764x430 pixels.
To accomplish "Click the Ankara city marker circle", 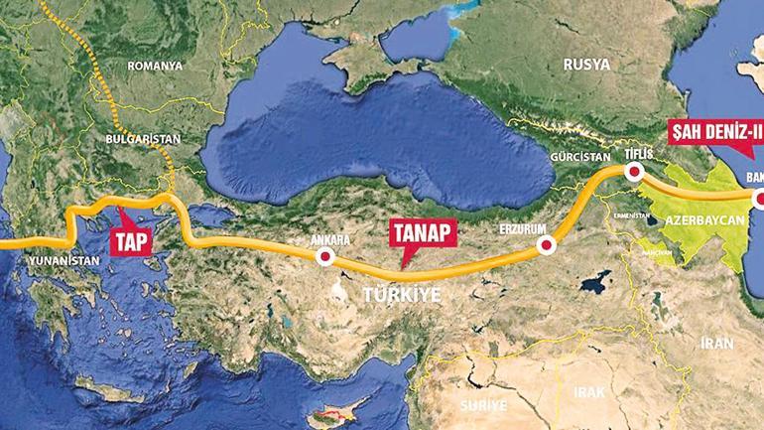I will [323, 258].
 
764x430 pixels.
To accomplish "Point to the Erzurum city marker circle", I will [543, 245].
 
